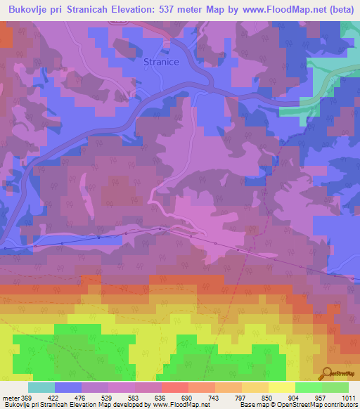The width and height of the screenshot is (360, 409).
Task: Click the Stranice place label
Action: (160, 62)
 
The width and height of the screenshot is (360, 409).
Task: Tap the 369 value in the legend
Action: (27, 398)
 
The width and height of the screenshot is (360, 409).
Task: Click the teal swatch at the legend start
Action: (41, 387)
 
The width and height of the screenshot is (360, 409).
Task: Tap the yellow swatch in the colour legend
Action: (281, 387)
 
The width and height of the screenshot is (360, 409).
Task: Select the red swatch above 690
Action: (174, 387)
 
